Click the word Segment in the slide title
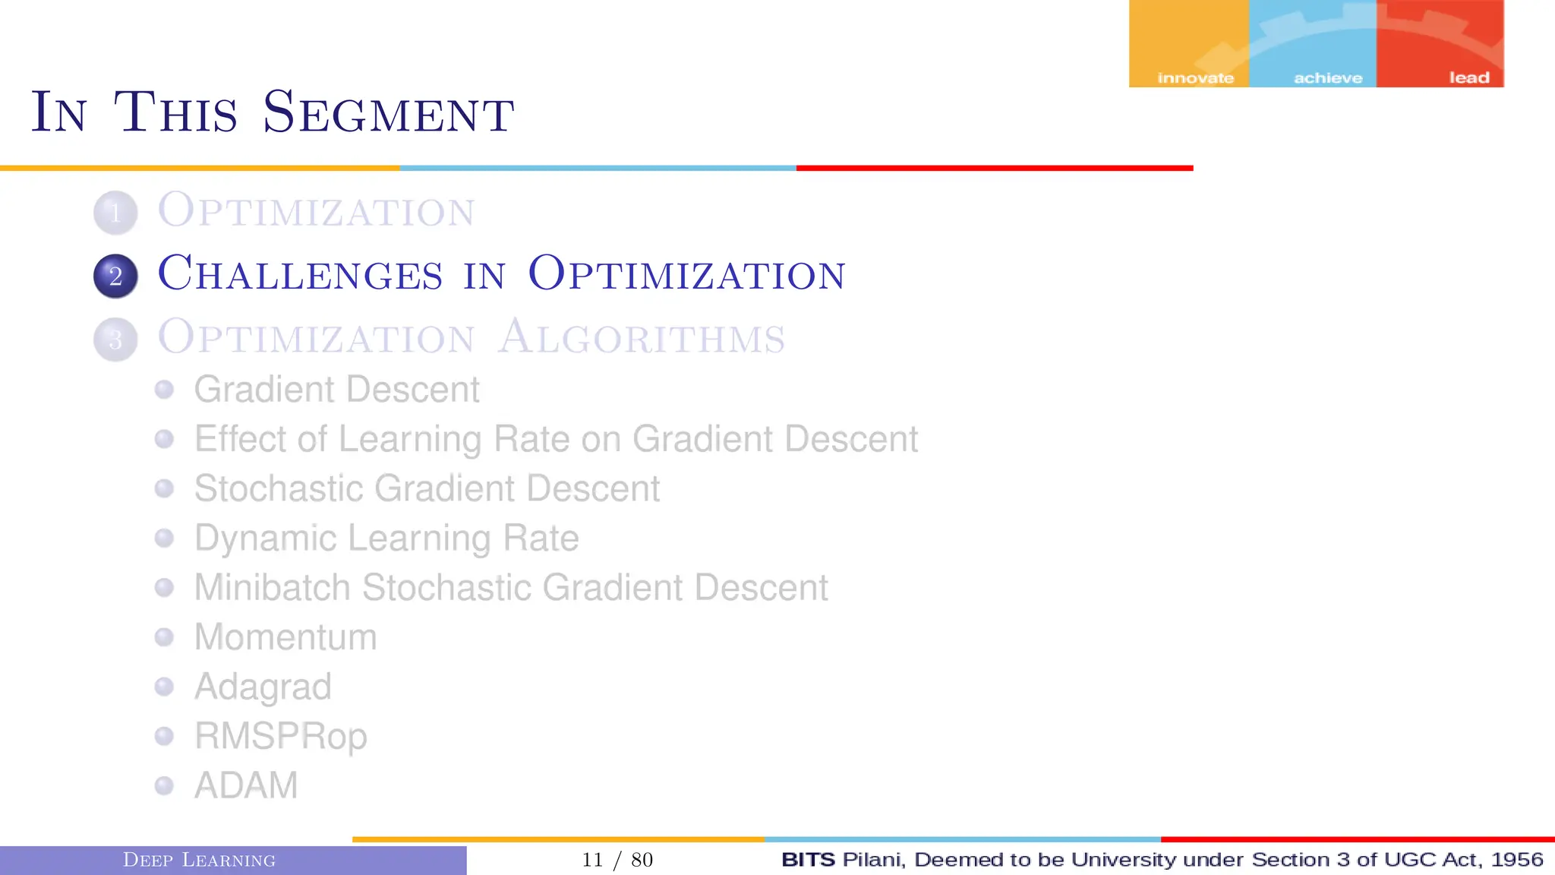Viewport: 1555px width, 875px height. tap(388, 113)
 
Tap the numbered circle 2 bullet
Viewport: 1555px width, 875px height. tap(115, 276)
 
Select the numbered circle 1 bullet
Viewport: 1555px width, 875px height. tap(115, 213)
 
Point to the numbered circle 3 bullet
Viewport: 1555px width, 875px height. tap(115, 339)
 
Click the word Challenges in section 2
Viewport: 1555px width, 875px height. tap(300, 273)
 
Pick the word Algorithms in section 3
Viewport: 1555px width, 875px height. tap(642, 337)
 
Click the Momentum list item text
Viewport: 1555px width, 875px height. tap(285, 637)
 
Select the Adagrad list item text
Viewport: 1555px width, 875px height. tap(263, 687)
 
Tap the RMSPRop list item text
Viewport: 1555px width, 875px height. tap(281, 736)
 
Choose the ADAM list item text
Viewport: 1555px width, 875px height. tap(246, 785)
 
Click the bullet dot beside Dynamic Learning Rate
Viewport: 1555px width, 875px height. tap(164, 538)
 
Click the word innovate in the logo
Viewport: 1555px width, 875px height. tap(1195, 78)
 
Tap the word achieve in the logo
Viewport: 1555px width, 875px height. tap(1328, 78)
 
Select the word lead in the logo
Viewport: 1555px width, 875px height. tap(1469, 77)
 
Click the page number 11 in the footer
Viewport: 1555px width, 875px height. tap(592, 860)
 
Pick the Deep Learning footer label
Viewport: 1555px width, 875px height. tap(199, 860)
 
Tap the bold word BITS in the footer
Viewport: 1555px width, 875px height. tap(808, 859)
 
